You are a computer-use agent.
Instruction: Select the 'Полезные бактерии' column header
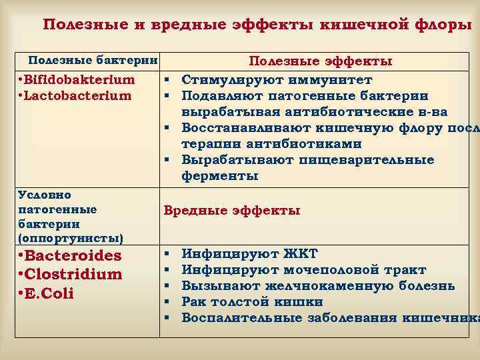click(x=91, y=61)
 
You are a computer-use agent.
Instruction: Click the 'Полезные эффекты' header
click(x=320, y=61)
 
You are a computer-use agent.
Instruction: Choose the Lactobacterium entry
click(x=75, y=95)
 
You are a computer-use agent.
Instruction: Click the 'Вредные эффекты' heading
click(x=232, y=211)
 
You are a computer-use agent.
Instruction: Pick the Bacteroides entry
click(x=70, y=256)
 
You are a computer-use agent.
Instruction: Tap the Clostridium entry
click(x=71, y=275)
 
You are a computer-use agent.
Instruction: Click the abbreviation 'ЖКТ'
click(x=301, y=254)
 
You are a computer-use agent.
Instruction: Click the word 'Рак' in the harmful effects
click(x=194, y=302)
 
